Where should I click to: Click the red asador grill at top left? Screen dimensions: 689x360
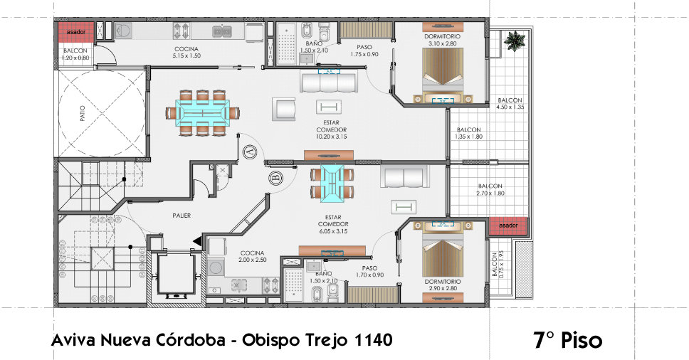point(76,32)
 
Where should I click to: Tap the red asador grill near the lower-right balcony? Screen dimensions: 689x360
point(508,226)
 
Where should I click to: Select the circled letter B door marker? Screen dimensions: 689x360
point(276,179)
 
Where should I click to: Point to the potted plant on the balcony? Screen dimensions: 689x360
point(515,41)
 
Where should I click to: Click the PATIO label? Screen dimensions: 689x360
point(83,113)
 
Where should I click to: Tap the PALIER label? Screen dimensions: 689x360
point(182,216)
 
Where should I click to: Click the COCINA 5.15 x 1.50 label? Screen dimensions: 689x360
point(186,52)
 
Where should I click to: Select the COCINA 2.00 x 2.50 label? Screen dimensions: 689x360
point(252,256)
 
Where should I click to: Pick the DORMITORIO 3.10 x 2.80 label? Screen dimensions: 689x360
point(443,40)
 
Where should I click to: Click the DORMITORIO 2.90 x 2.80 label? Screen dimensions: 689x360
point(443,285)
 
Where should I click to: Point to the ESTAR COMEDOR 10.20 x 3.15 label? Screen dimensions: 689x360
point(331,129)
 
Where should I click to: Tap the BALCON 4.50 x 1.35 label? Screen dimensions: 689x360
point(510,104)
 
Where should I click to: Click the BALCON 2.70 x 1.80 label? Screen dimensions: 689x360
point(490,190)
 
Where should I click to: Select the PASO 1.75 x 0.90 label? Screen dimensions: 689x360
point(364,51)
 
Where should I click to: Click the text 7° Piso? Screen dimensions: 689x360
point(568,340)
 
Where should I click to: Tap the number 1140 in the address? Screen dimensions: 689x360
point(373,339)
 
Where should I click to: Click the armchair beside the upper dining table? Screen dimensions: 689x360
point(284,109)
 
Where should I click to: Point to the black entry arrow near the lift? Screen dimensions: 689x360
point(197,241)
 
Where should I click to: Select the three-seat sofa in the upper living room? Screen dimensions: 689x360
point(329,83)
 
